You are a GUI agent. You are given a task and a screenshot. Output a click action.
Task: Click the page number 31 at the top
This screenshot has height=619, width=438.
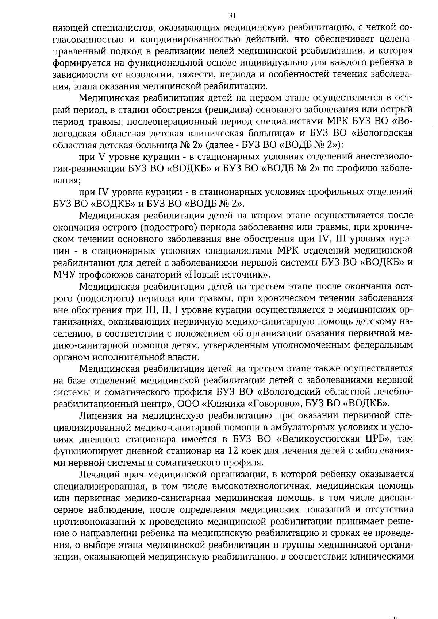tap(232, 16)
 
